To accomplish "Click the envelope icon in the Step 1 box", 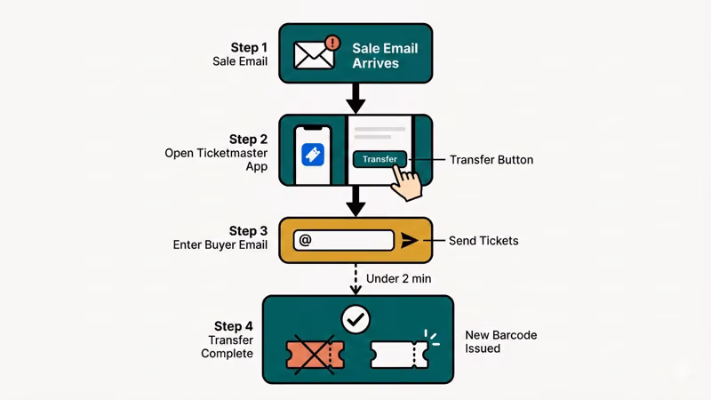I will pos(314,55).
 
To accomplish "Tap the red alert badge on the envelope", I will pos(333,42).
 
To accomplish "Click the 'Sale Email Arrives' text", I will pos(385,55).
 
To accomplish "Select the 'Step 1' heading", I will pos(248,47).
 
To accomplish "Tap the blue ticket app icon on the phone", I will pos(313,155).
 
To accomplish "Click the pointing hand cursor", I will pos(406,182).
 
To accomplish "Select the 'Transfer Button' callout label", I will pos(491,160).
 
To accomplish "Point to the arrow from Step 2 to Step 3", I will pos(355,202).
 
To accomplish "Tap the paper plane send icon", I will pos(408,240).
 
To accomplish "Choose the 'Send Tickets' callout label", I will pos(484,241).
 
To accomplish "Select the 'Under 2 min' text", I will pos(398,278).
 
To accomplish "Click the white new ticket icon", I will pos(398,354).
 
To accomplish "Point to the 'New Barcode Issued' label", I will pos(500,342).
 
